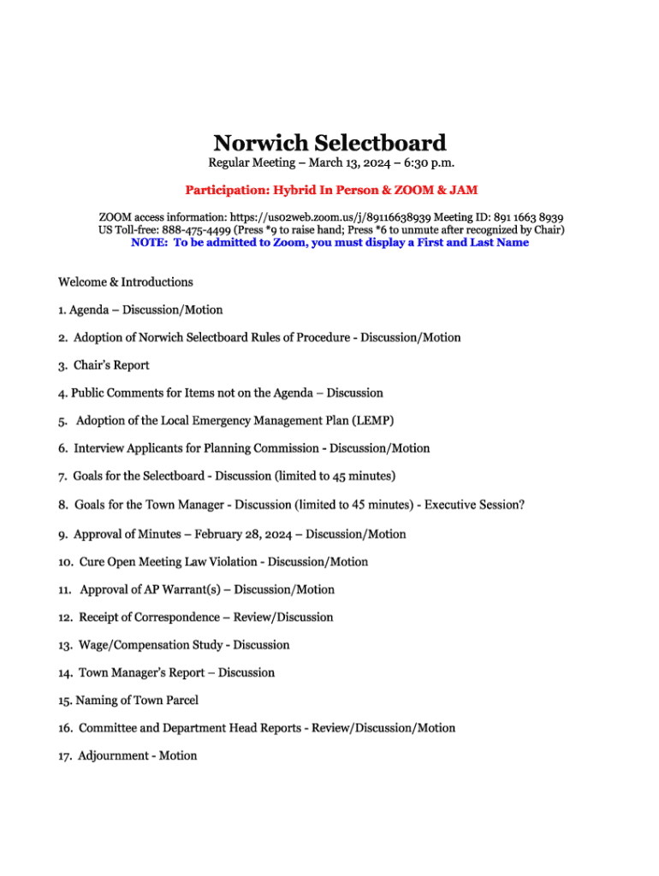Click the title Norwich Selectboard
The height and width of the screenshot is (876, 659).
click(x=329, y=142)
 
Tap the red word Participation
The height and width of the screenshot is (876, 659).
click(x=225, y=190)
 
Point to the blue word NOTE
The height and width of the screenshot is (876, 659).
click(x=148, y=243)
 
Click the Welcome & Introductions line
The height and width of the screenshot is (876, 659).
click(x=126, y=281)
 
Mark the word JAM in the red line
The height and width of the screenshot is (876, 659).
click(x=463, y=190)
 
